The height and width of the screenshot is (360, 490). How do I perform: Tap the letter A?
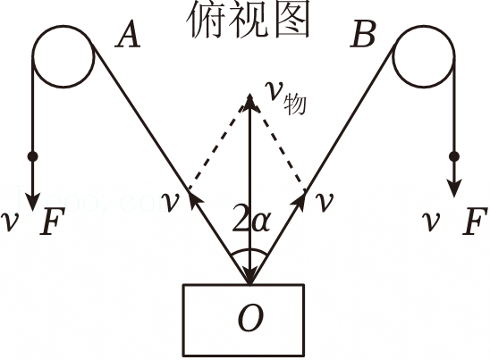point(128,34)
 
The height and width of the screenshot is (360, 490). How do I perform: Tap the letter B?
point(362,35)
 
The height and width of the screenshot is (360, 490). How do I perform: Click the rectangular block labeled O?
point(244,284)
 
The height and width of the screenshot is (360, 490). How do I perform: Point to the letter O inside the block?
point(250,318)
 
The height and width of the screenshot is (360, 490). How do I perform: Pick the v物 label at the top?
point(285,96)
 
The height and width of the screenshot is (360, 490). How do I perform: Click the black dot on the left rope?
point(32,156)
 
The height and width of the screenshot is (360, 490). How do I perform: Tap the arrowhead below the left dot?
point(32,200)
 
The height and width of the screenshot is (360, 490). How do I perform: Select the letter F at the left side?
point(53,221)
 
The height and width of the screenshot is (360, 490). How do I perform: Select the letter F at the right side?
point(475,221)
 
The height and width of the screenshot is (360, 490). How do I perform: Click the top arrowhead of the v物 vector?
point(249,102)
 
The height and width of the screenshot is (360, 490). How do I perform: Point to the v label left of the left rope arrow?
point(170,202)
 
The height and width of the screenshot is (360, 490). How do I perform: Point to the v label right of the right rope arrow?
point(325,202)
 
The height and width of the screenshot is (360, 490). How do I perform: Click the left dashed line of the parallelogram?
point(215,148)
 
